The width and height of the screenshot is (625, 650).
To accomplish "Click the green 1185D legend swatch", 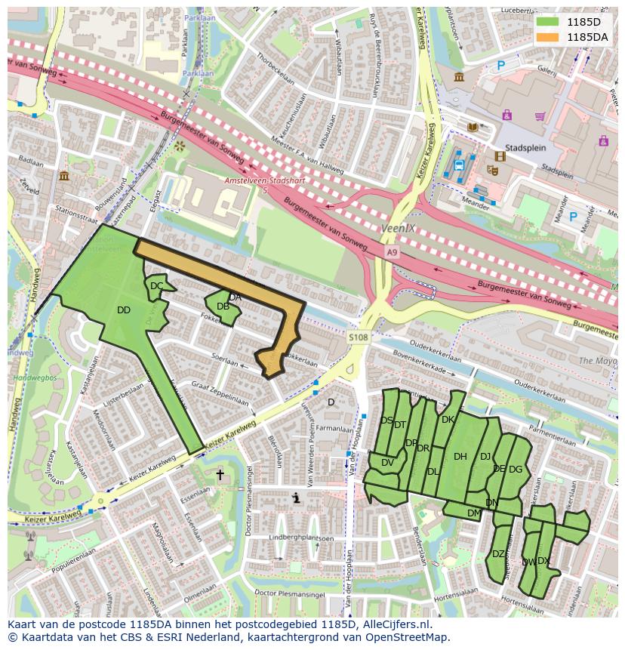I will (x=549, y=21).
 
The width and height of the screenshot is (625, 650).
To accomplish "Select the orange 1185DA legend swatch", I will (x=549, y=36).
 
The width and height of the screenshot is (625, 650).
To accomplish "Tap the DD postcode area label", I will (x=124, y=310).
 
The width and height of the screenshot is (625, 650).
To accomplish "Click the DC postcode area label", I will (x=156, y=286).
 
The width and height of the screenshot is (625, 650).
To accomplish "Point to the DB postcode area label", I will (x=223, y=307).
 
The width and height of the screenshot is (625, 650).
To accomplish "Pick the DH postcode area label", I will (x=460, y=456).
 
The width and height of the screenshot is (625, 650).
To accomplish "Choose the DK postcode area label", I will (x=448, y=420).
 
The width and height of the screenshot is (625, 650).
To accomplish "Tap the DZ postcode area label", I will (x=498, y=554).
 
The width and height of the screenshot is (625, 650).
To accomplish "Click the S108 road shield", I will (x=359, y=337).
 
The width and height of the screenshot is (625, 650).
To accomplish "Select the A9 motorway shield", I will (x=391, y=251).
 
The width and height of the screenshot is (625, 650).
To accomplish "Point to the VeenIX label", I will (x=392, y=226).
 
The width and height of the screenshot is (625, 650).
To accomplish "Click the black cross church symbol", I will (x=220, y=475).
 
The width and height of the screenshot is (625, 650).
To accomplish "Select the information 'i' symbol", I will (x=297, y=498).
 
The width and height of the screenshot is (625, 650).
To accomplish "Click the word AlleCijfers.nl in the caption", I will (x=395, y=624).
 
